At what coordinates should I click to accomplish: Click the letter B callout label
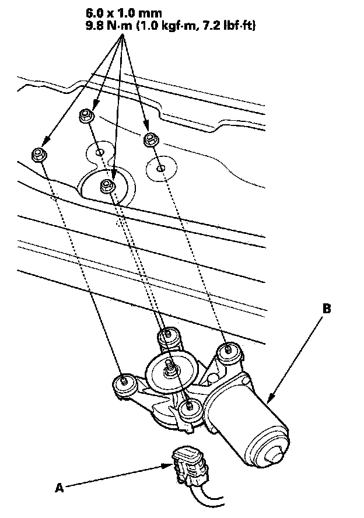327,309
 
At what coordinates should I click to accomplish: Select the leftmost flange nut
38,155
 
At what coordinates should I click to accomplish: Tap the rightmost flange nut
150,139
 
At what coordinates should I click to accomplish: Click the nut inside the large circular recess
107,187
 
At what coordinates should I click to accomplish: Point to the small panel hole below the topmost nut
100,153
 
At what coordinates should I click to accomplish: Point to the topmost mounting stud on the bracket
168,335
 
